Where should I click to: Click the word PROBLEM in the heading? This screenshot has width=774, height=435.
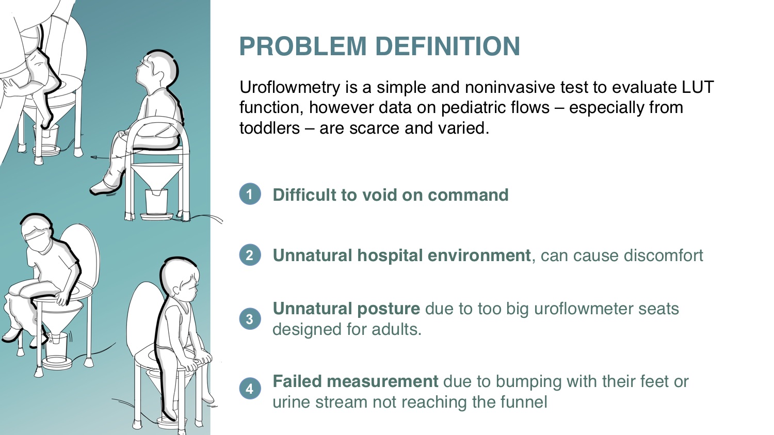[303, 46]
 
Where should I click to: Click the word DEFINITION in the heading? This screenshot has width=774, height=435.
[447, 46]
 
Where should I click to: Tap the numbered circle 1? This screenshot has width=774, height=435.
[250, 194]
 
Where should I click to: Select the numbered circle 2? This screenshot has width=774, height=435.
[250, 255]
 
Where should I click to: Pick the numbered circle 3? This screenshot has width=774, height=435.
[250, 318]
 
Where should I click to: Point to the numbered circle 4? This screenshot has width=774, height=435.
[250, 389]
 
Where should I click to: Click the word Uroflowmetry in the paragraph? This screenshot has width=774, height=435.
[290, 88]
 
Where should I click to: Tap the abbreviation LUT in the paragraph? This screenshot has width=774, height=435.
[698, 87]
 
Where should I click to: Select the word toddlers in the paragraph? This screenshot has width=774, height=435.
[269, 128]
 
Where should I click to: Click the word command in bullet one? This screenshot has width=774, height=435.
[468, 195]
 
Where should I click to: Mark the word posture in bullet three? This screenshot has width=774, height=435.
[389, 309]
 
